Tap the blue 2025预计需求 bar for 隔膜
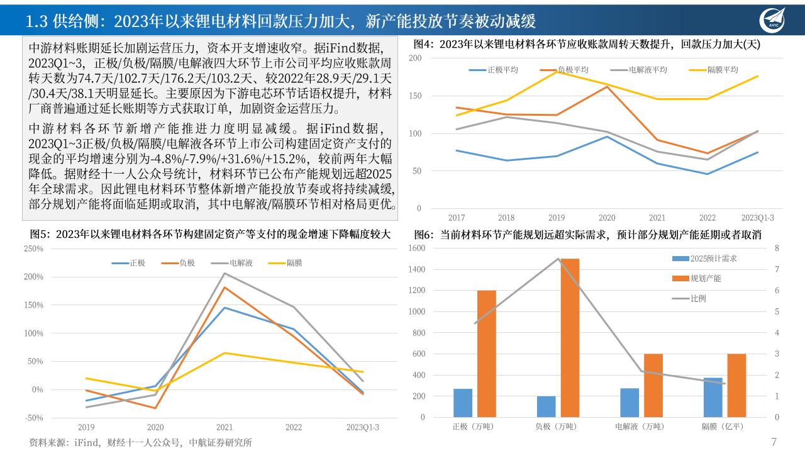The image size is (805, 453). coord(713,397)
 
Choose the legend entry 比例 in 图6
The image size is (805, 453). coord(698,298)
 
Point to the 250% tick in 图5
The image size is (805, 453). coord(33,249)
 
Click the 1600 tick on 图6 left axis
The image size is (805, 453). coord(416,249)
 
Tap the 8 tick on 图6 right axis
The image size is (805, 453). coord(777,249)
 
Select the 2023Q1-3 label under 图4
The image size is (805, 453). coord(757,218)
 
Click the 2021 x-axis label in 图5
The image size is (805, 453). coord(225,427)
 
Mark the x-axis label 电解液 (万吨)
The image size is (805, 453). coord(639,427)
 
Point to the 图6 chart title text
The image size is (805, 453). coord(587,235)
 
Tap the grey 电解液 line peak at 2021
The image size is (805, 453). coord(225,274)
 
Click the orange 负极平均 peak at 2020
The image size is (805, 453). coord(607,86)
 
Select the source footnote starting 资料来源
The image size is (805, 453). coord(140,442)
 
